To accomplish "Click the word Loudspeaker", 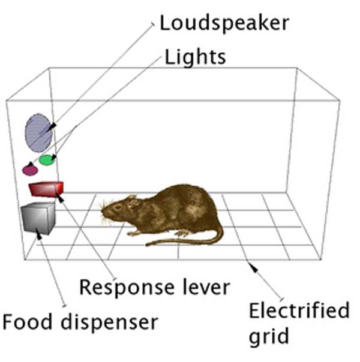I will coord(224,23).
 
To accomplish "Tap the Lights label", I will coord(195,57).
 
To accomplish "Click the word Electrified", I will coord(299,312).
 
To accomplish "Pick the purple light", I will coord(30,170).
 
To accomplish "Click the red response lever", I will coord(46,189).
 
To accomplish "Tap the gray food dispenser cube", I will coord(38,218).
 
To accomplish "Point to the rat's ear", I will coord(132,202).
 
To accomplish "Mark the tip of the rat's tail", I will coord(147,244).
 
